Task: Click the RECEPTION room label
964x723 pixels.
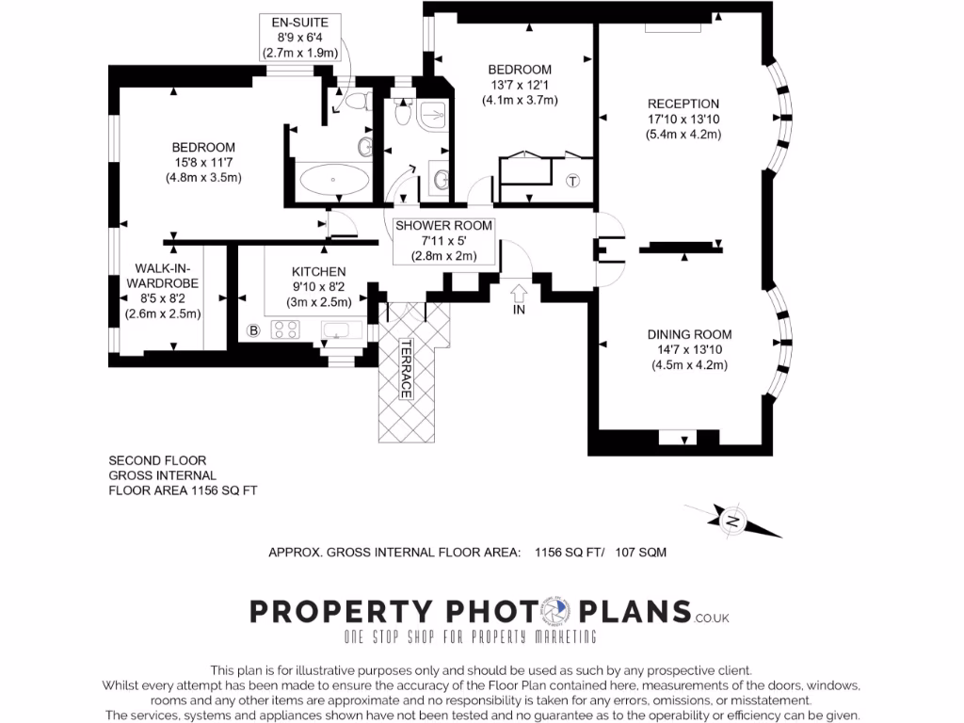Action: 683,104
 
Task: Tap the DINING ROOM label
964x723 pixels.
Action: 688,334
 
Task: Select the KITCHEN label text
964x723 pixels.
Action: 318,271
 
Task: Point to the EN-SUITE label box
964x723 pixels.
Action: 300,39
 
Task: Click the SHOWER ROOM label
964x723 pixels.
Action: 443,226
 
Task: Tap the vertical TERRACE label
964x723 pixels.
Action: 407,368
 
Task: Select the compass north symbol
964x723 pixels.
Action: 733,519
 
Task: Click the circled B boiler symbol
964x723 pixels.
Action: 252,330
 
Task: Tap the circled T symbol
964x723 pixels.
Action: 573,182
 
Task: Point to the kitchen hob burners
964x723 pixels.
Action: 284,329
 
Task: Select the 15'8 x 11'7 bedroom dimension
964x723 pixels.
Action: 202,162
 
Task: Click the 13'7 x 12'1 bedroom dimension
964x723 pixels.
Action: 519,85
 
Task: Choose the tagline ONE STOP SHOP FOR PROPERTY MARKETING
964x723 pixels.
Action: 470,637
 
